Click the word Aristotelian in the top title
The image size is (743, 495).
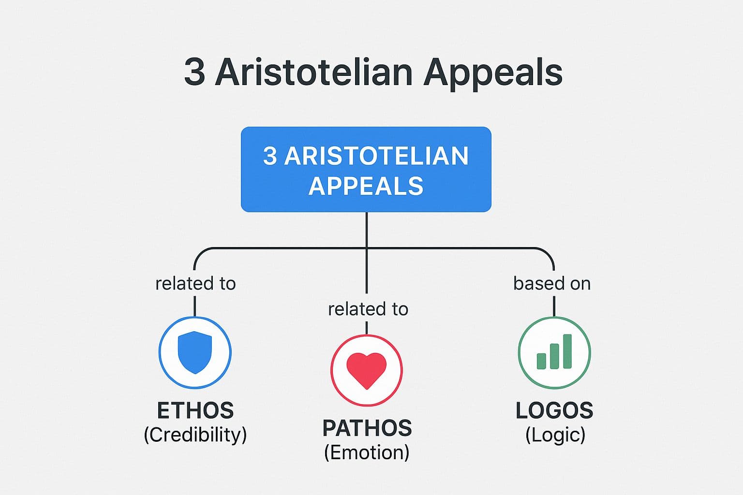(313, 73)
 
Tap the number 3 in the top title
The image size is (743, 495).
(194, 73)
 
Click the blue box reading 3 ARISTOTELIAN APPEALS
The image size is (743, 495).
(366, 169)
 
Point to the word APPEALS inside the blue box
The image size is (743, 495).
(366, 186)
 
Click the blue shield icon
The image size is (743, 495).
(195, 352)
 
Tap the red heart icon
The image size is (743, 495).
(367, 370)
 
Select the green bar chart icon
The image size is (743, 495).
(554, 352)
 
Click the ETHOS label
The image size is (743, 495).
(195, 411)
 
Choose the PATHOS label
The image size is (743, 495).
(367, 428)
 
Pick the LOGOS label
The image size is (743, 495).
(554, 411)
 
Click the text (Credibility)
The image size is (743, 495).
(195, 435)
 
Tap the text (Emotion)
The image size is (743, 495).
(367, 452)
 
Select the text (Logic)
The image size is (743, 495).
(555, 435)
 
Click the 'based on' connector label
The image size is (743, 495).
(552, 283)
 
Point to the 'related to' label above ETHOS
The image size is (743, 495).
(195, 283)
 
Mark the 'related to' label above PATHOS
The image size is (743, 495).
(368, 309)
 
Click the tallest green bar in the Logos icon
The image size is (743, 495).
(567, 351)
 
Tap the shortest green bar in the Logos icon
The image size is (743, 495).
(542, 361)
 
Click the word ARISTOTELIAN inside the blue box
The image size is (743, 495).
(377, 156)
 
